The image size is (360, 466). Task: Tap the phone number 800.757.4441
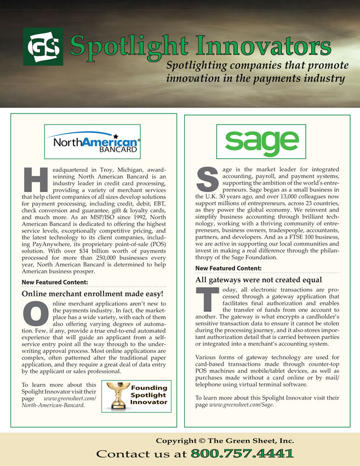click(241, 453)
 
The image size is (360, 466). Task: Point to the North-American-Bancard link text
click(53, 405)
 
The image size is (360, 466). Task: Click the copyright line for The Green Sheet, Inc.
click(225, 440)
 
